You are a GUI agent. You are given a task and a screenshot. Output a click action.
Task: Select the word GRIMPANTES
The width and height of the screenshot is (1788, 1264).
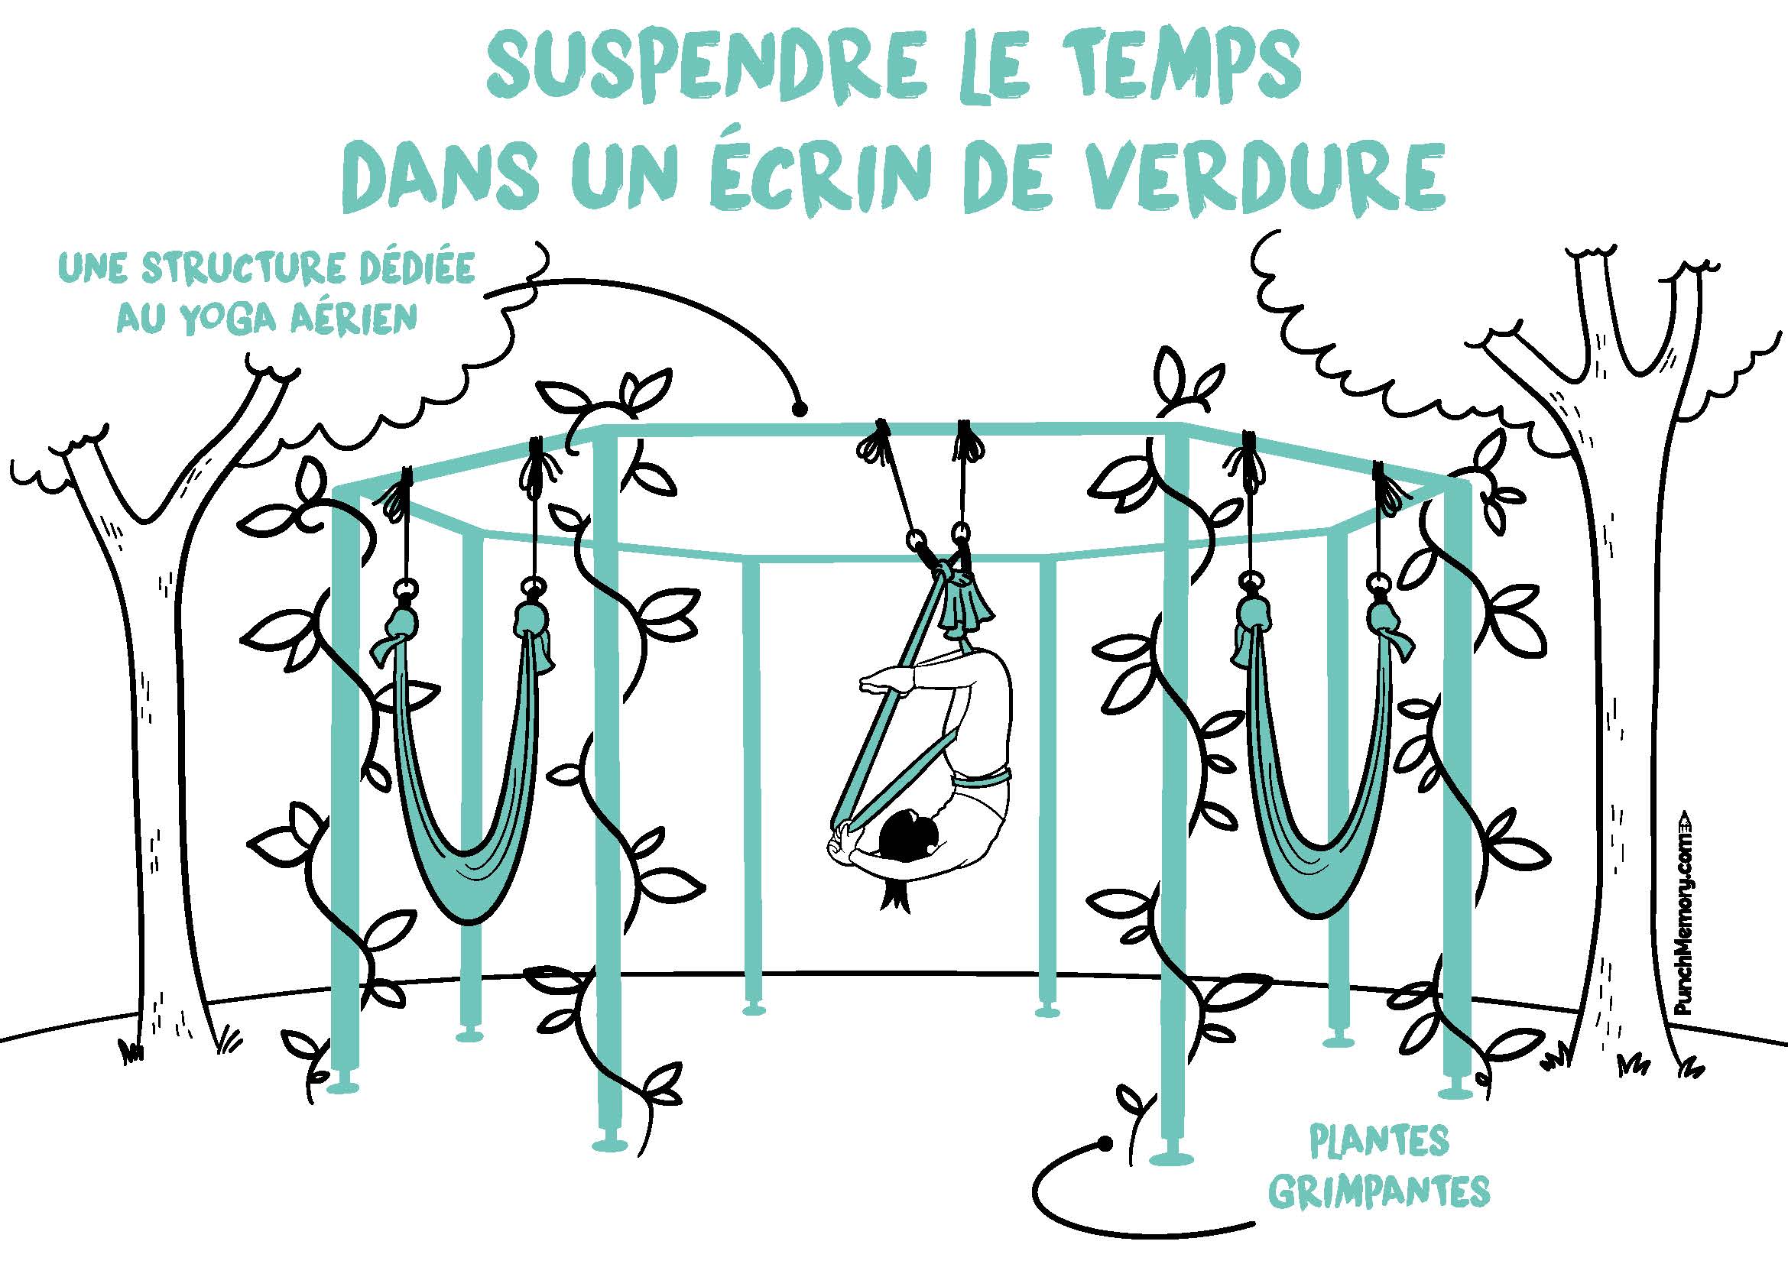[x=1379, y=1191]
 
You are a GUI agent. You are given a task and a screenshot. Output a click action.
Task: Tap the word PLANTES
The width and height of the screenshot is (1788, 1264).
[x=1379, y=1142]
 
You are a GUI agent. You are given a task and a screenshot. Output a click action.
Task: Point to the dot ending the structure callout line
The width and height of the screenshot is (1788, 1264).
[x=798, y=407]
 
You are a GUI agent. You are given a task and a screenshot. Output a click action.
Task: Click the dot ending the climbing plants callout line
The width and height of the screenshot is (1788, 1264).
[x=1104, y=1143]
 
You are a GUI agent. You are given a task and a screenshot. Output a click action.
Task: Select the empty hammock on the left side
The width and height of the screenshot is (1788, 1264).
[x=468, y=778]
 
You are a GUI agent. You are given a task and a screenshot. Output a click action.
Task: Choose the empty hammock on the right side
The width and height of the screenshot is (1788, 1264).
[x=1317, y=778]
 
